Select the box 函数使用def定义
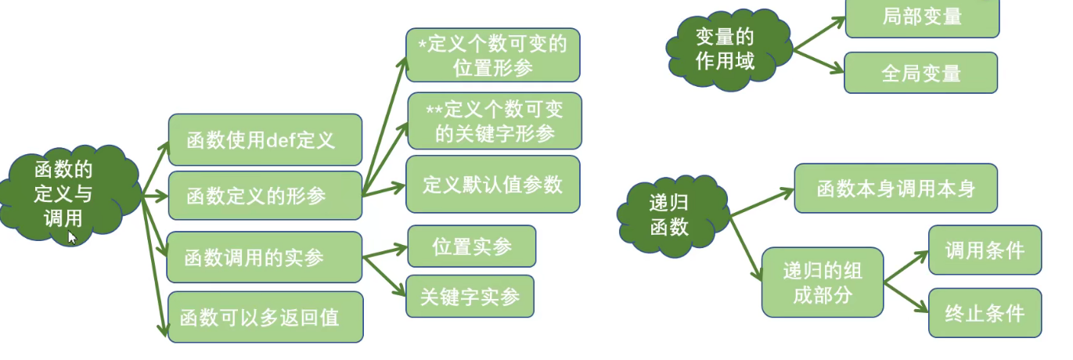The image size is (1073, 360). (x=265, y=140)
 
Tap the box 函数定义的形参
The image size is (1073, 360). (x=265, y=196)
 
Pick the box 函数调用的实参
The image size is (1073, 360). (x=265, y=257)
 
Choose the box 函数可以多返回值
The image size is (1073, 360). (x=265, y=317)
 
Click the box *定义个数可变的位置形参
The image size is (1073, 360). (x=493, y=55)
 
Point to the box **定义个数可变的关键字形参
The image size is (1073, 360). (x=495, y=121)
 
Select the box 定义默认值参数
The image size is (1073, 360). (x=493, y=185)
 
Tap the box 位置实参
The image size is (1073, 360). (x=472, y=246)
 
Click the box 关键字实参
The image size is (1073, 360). (x=470, y=297)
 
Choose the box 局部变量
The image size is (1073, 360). (x=922, y=18)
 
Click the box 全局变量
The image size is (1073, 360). (x=920, y=73)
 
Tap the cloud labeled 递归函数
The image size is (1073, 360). (x=673, y=216)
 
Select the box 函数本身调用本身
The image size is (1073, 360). (x=896, y=188)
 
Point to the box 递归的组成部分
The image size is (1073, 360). (x=823, y=283)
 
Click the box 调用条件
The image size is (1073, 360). (x=985, y=250)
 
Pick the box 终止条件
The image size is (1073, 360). (x=985, y=313)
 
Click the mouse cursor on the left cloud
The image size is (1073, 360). (x=72, y=237)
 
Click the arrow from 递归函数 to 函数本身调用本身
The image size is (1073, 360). (x=762, y=203)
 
